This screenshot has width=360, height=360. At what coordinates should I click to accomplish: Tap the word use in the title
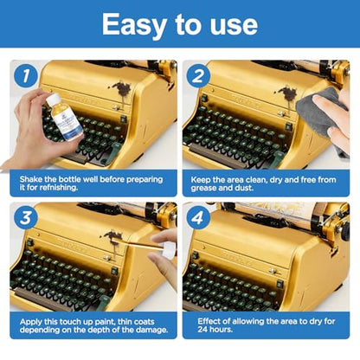(x=234, y=27)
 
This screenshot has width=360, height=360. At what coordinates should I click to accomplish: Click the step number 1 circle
(x=26, y=76)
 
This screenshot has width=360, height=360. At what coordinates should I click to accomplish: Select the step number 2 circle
(x=198, y=76)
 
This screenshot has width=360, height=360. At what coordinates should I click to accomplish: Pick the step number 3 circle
(x=26, y=217)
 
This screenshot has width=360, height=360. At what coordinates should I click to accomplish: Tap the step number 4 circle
(x=198, y=217)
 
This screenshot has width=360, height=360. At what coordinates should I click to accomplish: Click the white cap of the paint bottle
(x=54, y=100)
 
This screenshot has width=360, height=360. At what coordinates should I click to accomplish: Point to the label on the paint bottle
(x=68, y=123)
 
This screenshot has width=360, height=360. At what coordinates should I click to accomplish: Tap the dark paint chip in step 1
(x=122, y=89)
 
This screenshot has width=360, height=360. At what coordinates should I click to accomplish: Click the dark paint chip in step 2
(x=287, y=93)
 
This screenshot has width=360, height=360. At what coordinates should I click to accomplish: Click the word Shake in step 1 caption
(x=31, y=179)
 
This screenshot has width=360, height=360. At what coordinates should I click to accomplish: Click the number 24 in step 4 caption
(x=202, y=329)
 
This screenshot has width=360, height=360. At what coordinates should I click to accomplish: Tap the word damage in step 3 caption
(x=153, y=331)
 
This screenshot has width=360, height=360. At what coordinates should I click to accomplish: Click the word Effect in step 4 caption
(x=209, y=321)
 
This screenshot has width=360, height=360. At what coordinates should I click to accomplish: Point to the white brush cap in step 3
(x=169, y=250)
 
